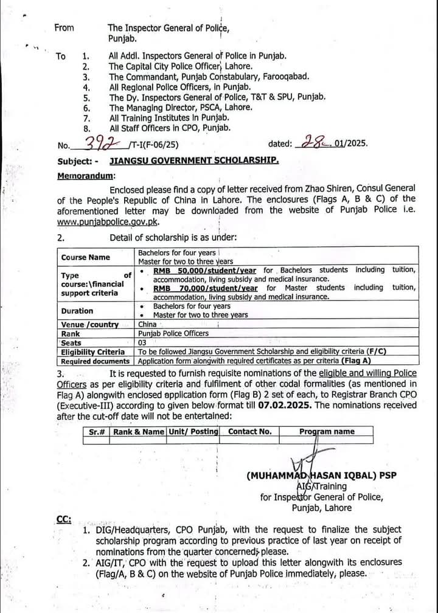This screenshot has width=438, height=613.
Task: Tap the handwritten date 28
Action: click(312, 144)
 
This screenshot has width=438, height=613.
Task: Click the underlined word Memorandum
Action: click(85, 176)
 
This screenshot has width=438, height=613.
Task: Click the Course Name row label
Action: click(85, 257)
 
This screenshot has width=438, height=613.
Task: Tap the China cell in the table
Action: click(147, 324)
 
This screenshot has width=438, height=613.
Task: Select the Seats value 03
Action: click(144, 342)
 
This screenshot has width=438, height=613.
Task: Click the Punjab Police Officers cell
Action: click(173, 333)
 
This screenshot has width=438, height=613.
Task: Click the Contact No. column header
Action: click(249, 431)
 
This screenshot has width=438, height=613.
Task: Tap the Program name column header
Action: click(327, 431)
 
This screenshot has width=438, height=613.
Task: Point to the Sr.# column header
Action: click(97, 431)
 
